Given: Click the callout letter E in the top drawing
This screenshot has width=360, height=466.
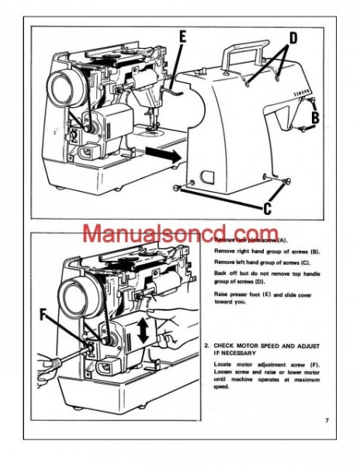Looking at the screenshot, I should [182, 37].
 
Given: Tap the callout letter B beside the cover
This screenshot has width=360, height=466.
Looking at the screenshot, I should [317, 118].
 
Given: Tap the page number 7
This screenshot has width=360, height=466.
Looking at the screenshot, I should [327, 420].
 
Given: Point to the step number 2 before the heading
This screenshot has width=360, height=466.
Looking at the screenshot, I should [206, 343].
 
